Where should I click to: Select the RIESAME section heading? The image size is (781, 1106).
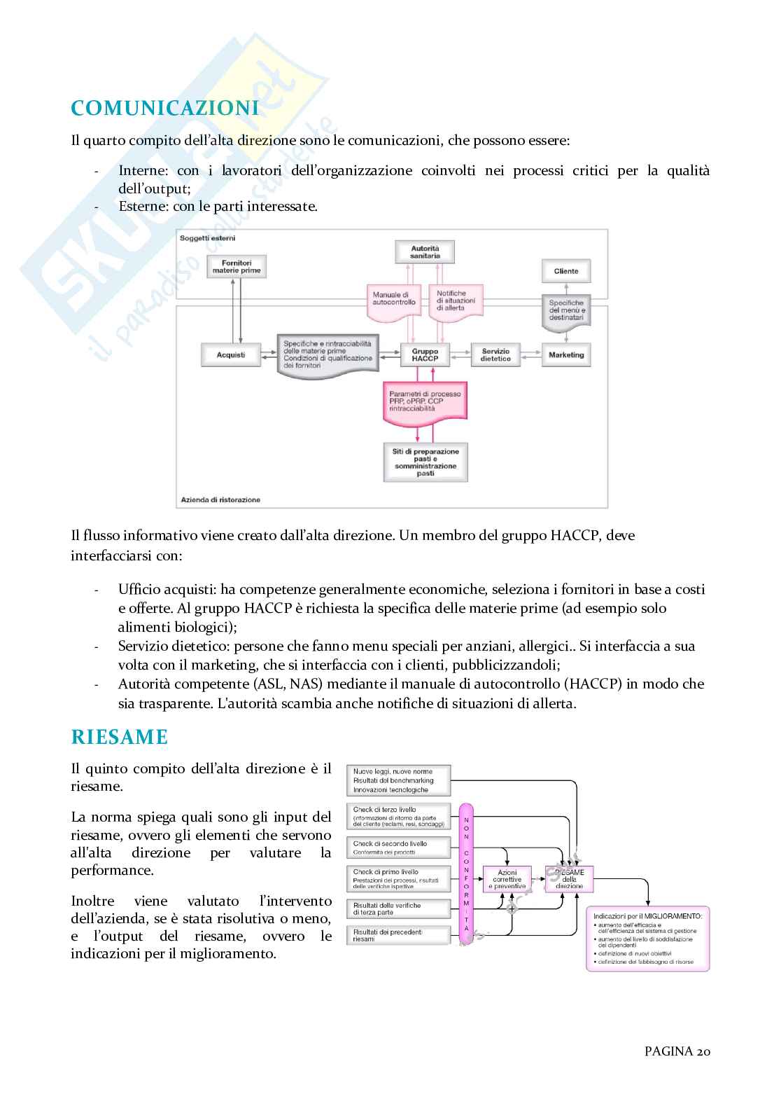[x=120, y=737]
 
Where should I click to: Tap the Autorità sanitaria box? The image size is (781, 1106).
[x=425, y=252]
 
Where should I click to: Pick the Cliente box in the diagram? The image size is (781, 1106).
[x=565, y=271]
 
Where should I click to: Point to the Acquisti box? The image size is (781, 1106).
[x=231, y=354]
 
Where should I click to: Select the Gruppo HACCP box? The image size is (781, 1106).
[x=425, y=354]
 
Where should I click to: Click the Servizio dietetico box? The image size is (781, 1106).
[x=495, y=354]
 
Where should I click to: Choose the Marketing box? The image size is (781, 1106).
[x=566, y=355]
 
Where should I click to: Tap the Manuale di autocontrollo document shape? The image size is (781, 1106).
[x=394, y=300]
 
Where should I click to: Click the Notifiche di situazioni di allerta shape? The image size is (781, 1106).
[x=456, y=300]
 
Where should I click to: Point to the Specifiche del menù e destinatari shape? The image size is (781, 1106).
[x=566, y=310]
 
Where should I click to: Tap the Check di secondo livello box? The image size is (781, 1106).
[x=398, y=848]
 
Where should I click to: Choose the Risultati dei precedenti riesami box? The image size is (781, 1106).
[x=398, y=935]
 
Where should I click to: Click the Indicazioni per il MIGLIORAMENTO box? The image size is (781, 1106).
[x=647, y=939]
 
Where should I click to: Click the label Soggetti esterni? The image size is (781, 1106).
[x=208, y=238]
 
